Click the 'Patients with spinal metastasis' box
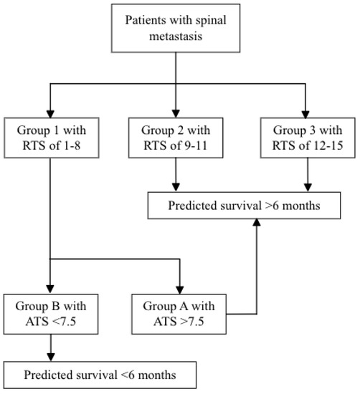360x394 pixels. click(176, 32)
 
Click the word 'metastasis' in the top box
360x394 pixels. click(176, 39)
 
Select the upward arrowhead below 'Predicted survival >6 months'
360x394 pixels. click(256, 224)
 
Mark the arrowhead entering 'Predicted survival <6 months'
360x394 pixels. click(48, 356)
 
